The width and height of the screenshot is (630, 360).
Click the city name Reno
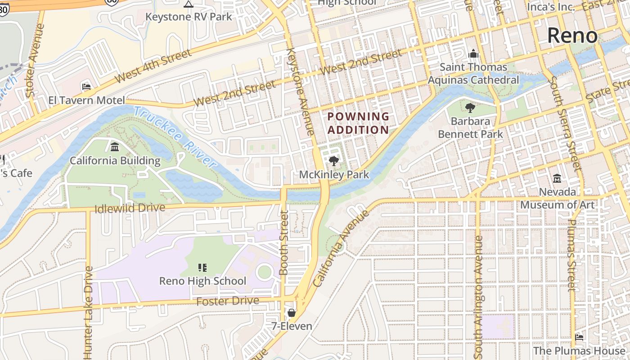[572, 36]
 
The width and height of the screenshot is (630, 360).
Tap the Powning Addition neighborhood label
[358, 123]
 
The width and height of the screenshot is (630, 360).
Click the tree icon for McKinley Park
[333, 161]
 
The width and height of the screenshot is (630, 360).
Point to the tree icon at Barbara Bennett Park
[470, 108]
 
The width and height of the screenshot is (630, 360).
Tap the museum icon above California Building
[115, 147]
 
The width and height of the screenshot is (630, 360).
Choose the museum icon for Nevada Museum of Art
[557, 179]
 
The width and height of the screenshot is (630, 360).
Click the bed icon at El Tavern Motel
[86, 86]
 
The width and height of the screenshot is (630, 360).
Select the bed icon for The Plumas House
[579, 337]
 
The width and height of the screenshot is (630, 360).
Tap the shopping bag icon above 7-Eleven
[292, 313]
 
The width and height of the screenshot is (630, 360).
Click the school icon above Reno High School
[202, 268]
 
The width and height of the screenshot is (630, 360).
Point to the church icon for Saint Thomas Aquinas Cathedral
[473, 54]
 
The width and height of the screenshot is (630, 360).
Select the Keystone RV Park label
[189, 17]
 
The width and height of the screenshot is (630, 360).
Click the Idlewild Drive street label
[130, 208]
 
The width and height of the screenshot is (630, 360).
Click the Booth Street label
[284, 243]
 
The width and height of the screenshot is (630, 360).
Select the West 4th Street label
[153, 67]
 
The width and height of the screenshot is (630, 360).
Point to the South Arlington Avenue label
[478, 295]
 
